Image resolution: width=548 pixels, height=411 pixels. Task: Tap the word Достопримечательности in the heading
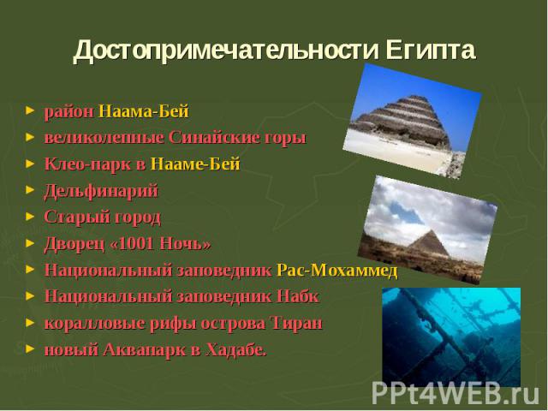(226, 51)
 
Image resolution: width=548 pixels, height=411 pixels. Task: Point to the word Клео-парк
(87, 164)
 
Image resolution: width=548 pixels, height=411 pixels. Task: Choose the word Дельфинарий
(101, 191)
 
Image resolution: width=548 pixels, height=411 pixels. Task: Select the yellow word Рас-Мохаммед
(337, 271)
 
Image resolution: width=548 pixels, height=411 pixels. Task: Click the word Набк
(297, 296)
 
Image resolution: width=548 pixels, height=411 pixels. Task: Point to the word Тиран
(295, 323)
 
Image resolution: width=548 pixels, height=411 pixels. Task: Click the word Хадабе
(236, 349)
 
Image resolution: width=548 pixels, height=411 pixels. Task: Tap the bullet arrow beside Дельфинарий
(30, 190)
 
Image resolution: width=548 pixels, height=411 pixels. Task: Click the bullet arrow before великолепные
(30, 137)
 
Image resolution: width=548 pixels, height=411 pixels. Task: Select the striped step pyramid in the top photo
(405, 122)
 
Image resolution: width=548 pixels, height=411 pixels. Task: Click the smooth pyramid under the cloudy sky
(429, 245)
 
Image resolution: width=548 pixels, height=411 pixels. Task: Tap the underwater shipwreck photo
(451, 337)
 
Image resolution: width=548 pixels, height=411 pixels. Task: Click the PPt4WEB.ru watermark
(456, 393)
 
